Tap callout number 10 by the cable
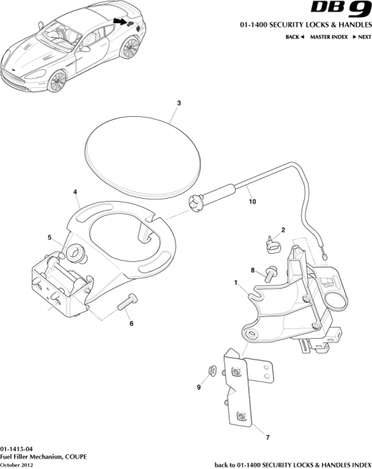point(251,201)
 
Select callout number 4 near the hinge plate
point(76,192)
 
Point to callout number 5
point(50,238)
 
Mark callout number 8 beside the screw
point(252,269)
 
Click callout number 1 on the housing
point(236,284)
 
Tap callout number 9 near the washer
point(199,386)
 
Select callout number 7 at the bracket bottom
point(268,438)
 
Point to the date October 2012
point(18,465)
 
